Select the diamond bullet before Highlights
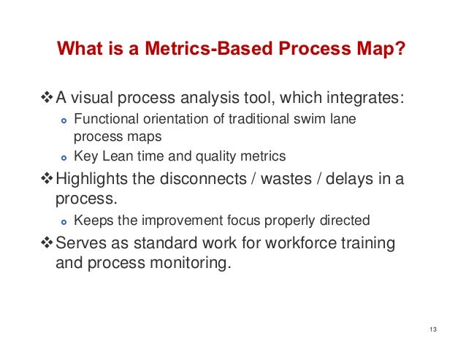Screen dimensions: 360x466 click(48, 180)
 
